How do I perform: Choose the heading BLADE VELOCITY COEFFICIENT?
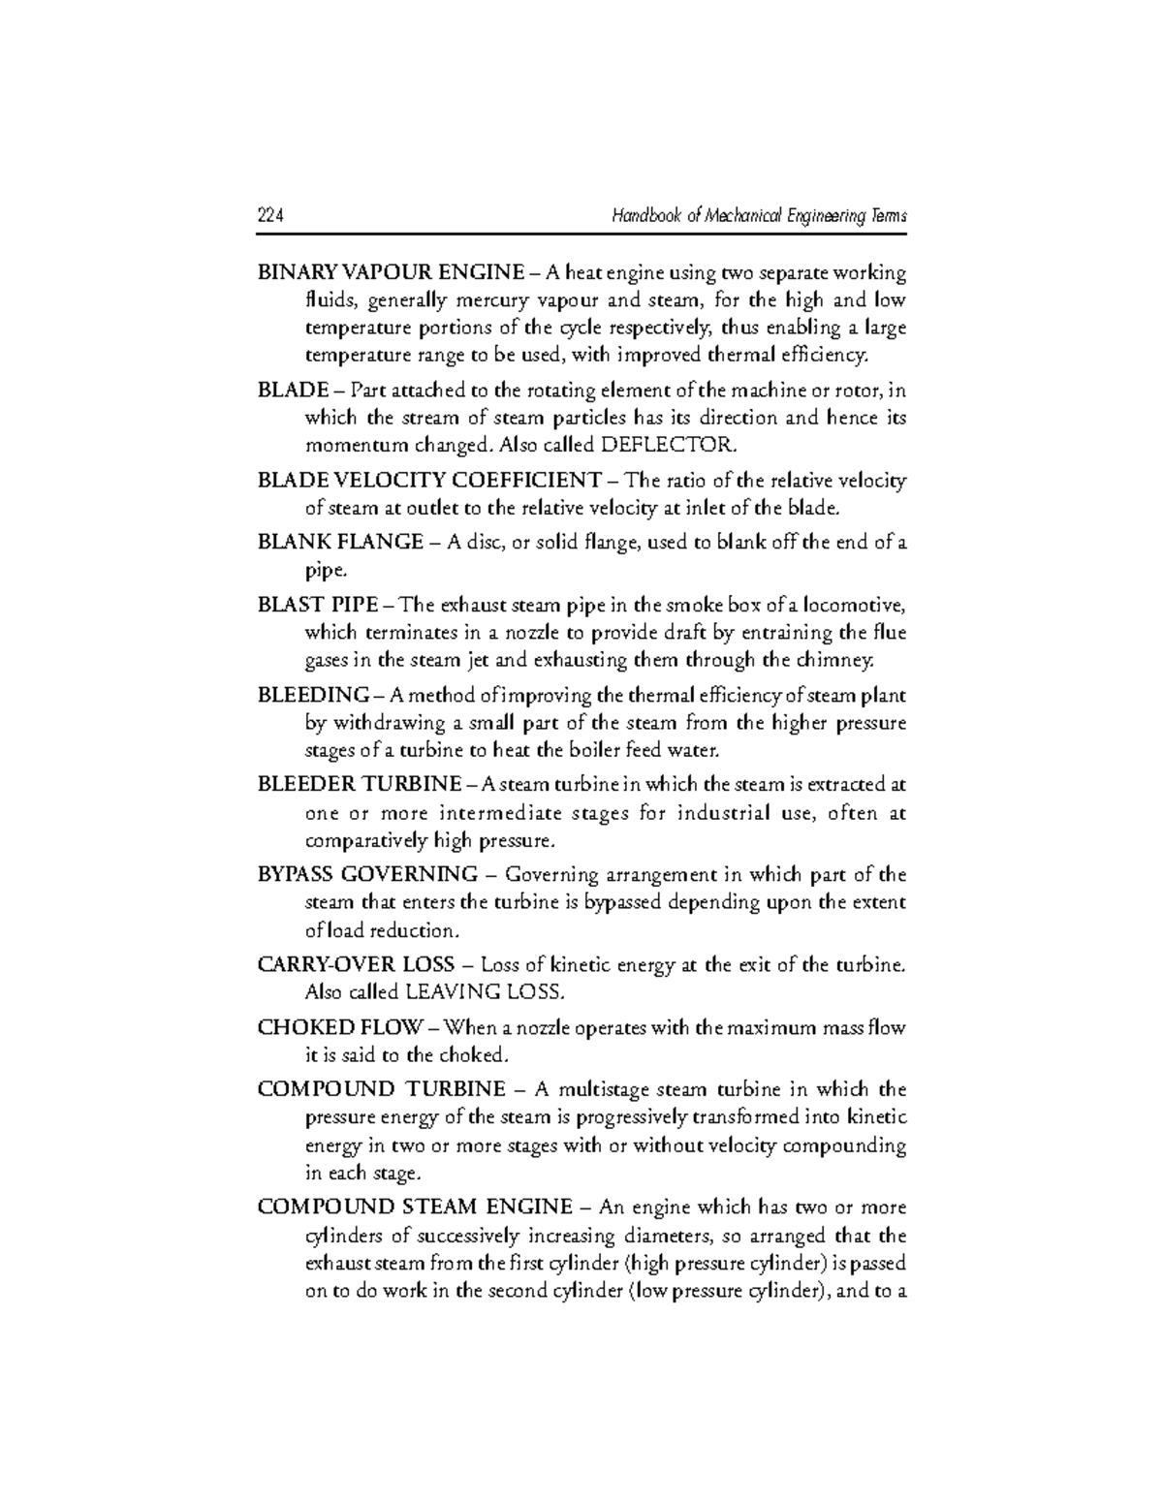(429, 481)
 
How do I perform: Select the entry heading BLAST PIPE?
(318, 606)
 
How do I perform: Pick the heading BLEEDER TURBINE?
(360, 784)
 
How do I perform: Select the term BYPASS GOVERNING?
(367, 875)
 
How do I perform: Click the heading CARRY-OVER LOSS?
(356, 965)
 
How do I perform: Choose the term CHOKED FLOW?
(340, 1027)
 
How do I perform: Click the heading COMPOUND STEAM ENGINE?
(415, 1207)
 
